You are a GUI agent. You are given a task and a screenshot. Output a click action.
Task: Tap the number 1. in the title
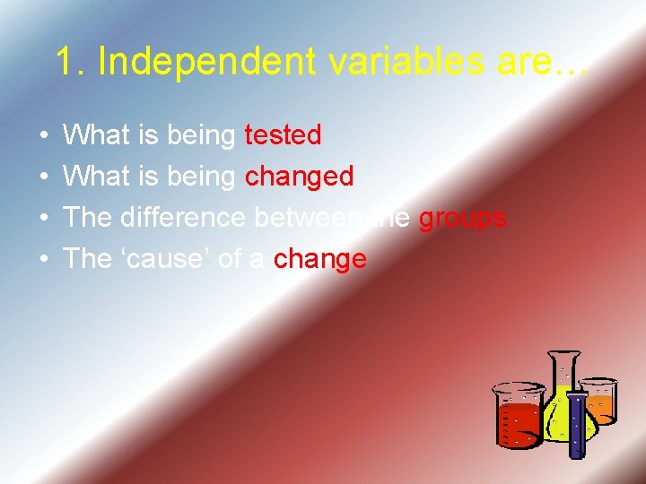tap(71, 61)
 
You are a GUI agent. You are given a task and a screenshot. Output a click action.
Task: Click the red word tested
tap(283, 135)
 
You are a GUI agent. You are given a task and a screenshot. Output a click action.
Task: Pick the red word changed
tap(300, 177)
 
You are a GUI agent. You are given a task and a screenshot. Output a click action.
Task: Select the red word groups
tap(463, 218)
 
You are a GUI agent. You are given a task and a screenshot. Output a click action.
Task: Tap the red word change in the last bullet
tap(320, 259)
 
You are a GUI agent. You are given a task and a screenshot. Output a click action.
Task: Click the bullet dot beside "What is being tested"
tap(43, 136)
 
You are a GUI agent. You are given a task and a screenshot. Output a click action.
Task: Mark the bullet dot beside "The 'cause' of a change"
tap(43, 260)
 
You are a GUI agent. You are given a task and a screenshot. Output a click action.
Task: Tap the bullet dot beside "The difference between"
tap(43, 219)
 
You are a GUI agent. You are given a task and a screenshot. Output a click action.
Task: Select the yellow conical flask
tap(563, 403)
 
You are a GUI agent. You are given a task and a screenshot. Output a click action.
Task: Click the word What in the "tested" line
tap(97, 135)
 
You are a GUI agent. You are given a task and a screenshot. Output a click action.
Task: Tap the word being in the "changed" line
tap(203, 177)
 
